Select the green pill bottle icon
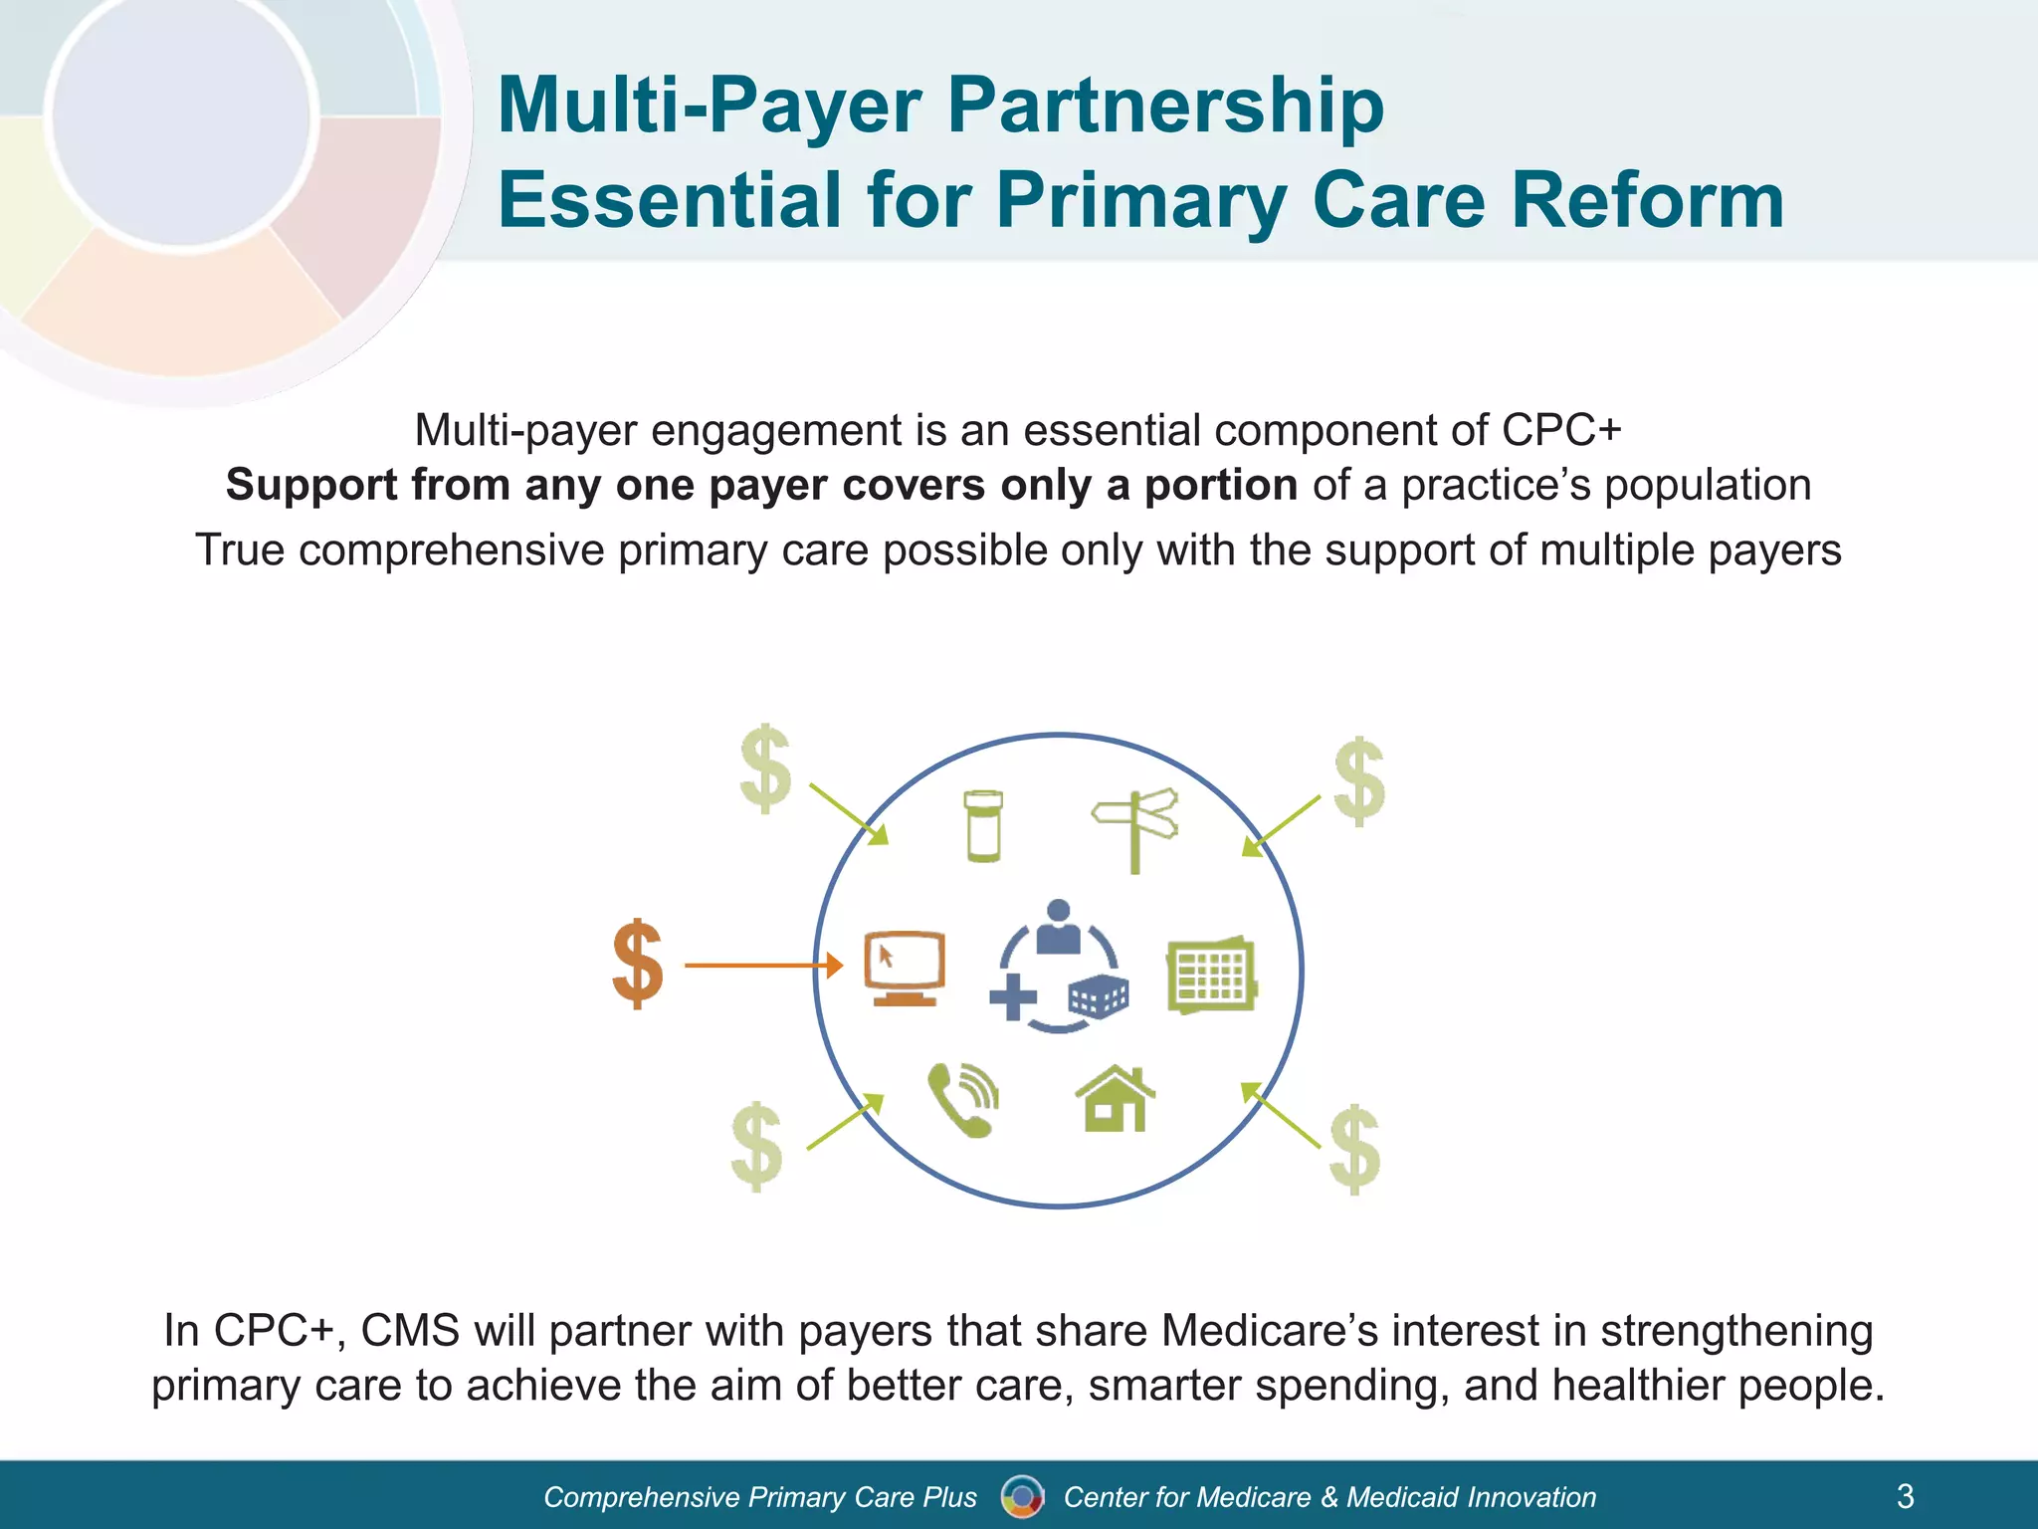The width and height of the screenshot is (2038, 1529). pyautogui.click(x=983, y=825)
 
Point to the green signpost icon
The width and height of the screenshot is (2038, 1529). pyautogui.click(x=1135, y=829)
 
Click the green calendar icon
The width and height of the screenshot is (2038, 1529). pyautogui.click(x=1211, y=975)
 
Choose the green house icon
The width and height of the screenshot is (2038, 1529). pyautogui.click(x=1116, y=1099)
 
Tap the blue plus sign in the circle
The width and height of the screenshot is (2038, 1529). pyautogui.click(x=1013, y=996)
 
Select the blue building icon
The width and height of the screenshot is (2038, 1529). pyautogui.click(x=1098, y=995)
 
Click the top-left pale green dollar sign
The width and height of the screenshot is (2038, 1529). pyautogui.click(x=766, y=768)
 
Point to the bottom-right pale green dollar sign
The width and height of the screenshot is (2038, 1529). pyautogui.click(x=1355, y=1149)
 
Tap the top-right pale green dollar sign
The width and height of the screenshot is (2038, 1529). pyautogui.click(x=1359, y=781)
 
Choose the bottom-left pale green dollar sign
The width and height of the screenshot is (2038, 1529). pyautogui.click(x=757, y=1146)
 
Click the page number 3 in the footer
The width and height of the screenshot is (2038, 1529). pyautogui.click(x=1906, y=1496)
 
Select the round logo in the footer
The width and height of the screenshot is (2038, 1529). pyautogui.click(x=1022, y=1496)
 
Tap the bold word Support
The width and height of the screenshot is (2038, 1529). pyautogui.click(x=311, y=485)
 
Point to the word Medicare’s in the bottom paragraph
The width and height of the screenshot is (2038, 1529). pyautogui.click(x=1269, y=1330)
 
